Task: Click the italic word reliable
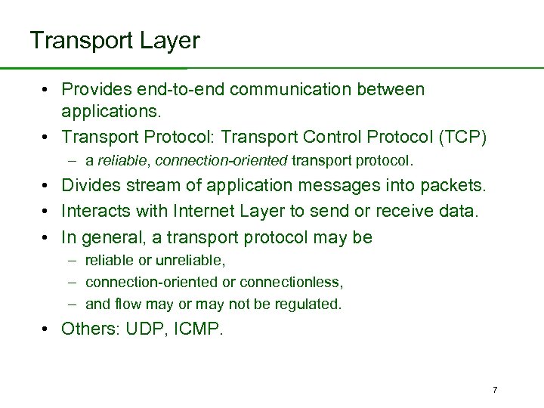pos(119,161)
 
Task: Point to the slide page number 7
pos(495,390)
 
